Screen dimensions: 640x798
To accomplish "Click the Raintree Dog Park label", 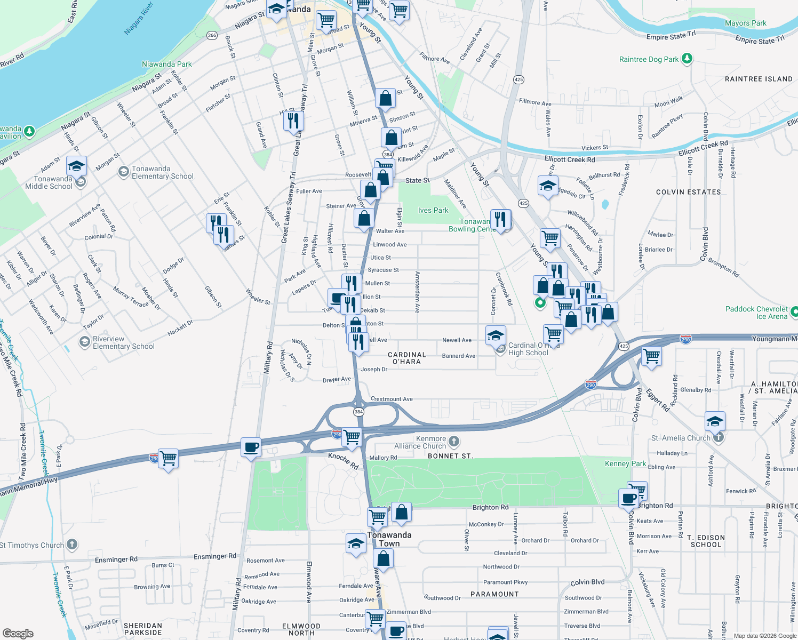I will point(649,59).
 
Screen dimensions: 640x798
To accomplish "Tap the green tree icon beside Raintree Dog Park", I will point(687,58).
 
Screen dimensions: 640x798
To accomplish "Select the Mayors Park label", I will point(745,23).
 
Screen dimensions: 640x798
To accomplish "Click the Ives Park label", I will point(433,210).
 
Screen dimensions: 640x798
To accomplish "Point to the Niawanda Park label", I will point(166,64).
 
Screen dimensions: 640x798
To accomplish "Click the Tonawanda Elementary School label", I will point(162,172).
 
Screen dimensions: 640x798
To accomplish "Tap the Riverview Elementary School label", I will point(124,342).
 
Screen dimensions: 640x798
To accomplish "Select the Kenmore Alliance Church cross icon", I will point(454,441).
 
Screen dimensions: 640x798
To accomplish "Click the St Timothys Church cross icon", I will point(72,545).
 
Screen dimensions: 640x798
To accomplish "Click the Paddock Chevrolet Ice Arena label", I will point(756,313).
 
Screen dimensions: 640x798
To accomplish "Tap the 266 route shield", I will point(212,35).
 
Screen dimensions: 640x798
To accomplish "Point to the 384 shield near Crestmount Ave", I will point(358,412).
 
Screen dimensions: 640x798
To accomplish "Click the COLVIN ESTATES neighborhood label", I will point(688,192).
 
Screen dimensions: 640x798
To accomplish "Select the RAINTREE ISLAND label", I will point(759,79).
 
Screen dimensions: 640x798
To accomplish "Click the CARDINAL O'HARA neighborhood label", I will point(407,358).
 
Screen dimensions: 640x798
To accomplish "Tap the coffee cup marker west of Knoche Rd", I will point(251,447).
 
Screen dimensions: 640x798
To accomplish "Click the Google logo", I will point(18,633).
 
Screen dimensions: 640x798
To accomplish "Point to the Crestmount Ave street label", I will point(392,399).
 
